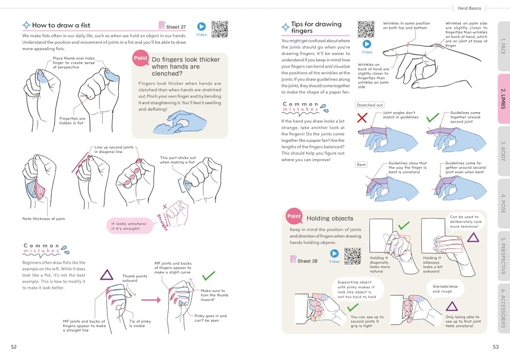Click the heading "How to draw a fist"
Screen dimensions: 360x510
click(61, 25)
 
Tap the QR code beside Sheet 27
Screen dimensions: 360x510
click(219, 29)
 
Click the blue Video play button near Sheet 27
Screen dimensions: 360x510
click(201, 27)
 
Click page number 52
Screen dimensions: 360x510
click(14, 347)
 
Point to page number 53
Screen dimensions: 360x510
click(495, 347)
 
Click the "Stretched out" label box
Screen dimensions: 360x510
click(369, 105)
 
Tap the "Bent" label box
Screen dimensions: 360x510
click(361, 165)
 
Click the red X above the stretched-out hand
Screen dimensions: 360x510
click(362, 118)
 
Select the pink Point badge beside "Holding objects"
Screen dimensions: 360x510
click(294, 216)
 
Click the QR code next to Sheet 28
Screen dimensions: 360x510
click(352, 256)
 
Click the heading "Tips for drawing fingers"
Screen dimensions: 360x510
click(316, 28)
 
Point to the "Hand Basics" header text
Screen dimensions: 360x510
click(469, 8)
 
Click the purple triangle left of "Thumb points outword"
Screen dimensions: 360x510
click(107, 275)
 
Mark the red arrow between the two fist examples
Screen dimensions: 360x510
click(150, 300)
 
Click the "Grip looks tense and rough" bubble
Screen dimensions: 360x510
click(445, 289)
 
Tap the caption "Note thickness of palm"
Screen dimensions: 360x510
click(43, 219)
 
